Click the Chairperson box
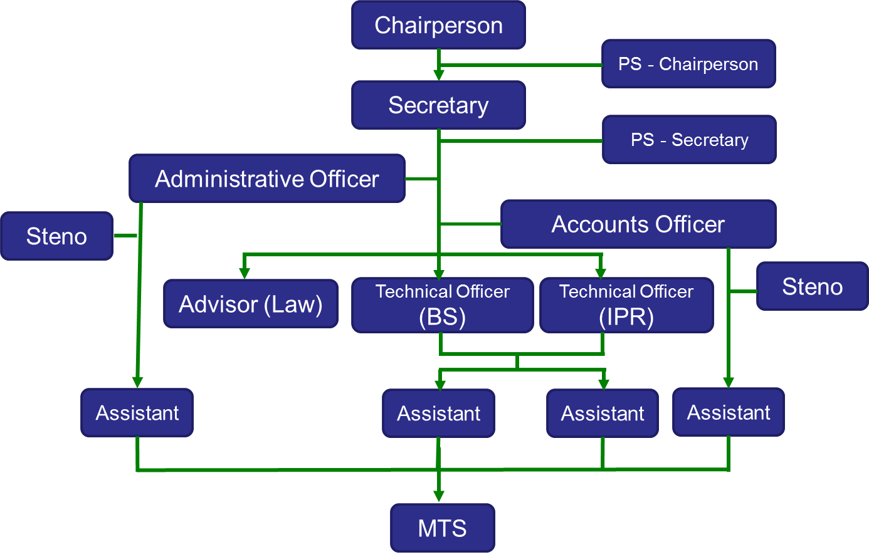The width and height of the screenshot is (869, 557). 438,25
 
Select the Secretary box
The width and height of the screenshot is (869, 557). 438,105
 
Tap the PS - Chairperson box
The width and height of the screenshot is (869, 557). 688,64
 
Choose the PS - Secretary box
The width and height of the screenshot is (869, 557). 689,140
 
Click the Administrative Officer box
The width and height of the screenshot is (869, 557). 267,179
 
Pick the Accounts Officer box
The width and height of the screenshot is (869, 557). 638,224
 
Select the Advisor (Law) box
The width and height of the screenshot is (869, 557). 251,304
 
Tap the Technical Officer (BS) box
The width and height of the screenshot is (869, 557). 443,305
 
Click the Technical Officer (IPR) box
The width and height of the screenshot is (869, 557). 626,305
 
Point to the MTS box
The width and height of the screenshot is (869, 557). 443,528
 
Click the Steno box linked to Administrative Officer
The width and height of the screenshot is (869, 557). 56,236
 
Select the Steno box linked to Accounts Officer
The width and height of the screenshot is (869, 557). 813,286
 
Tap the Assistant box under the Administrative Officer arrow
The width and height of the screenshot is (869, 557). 137,413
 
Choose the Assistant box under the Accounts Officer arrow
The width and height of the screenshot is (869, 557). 729,412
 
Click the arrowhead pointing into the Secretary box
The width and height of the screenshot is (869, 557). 439,75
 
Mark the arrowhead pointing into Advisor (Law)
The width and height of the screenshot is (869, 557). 245,273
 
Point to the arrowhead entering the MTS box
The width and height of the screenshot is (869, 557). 439,496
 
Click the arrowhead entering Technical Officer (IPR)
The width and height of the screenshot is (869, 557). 601,273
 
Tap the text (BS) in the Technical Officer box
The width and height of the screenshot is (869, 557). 443,317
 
